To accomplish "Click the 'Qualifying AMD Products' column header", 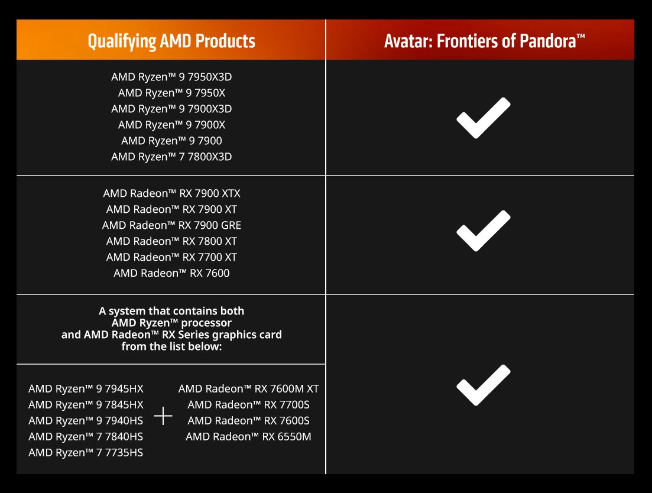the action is click(171, 41).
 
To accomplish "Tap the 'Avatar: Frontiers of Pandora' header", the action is click(484, 41).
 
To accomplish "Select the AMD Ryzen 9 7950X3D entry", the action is click(171, 77).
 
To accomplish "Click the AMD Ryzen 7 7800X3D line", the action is click(171, 157).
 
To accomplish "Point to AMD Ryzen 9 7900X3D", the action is click(171, 109).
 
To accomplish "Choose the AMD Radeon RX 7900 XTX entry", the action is click(171, 193).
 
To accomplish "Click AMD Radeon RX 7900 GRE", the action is click(171, 225).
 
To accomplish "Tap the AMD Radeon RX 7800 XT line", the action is click(171, 241).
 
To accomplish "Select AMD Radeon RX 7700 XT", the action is click(171, 257).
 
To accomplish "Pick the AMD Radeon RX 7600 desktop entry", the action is click(171, 273).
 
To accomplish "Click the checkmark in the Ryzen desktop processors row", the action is click(483, 118).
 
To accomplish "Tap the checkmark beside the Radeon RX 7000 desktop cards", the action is click(483, 231).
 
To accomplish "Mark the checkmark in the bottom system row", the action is click(483, 385).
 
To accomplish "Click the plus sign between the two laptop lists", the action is click(163, 416).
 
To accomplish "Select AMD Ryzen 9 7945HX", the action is click(86, 388).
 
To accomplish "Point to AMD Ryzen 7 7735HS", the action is click(86, 453).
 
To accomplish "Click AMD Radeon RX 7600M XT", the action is click(249, 388).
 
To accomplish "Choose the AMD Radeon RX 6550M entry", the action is click(249, 436).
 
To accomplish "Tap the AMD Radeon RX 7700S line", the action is click(249, 404).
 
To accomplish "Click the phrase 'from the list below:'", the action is click(171, 346).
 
